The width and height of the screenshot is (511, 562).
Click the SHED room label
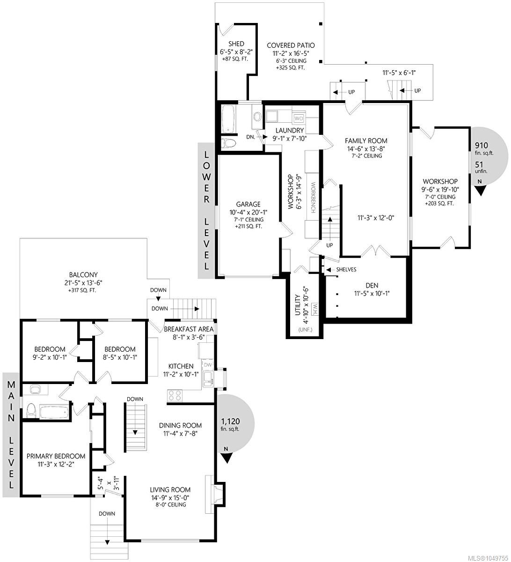coord(236,44)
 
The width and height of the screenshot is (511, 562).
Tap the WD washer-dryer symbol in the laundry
coord(299,118)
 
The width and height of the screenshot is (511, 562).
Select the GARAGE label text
coord(248,204)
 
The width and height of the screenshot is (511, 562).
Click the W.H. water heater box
coord(315,309)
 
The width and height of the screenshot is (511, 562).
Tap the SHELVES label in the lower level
coord(346,269)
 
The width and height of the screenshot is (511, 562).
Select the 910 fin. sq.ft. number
coord(482,145)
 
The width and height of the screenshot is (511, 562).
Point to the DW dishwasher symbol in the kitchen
coord(207,365)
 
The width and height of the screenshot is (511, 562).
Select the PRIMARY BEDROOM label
coord(56,456)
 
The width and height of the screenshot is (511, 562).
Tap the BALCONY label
coord(83,274)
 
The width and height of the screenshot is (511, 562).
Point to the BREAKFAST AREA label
coord(189,329)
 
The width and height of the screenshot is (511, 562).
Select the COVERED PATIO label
coord(291,45)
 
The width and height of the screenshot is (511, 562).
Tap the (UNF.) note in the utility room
coord(305,329)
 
